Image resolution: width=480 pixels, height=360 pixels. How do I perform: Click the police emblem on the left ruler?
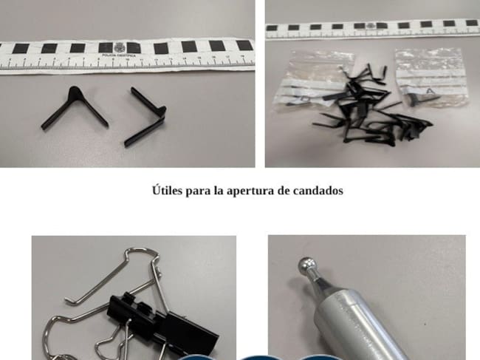coord(113,47)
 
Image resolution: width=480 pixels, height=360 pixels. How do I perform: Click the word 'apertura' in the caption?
coord(241,190)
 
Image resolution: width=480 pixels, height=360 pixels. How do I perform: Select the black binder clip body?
coord(159,323)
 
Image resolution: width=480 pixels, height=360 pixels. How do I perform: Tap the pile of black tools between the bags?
coord(362,107)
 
